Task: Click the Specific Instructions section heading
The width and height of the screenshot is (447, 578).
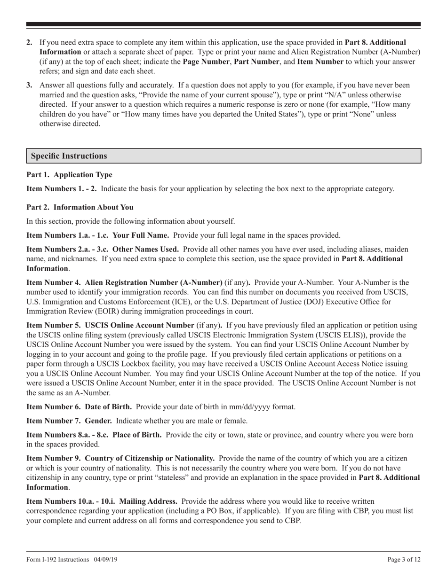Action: pos(69,156)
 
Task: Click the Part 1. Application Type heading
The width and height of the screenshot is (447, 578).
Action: pos(69,175)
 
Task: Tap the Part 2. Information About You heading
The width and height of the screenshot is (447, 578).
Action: pos(80,207)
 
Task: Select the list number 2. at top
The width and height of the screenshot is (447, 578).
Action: pos(30,42)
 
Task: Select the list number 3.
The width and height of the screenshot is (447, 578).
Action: pos(30,85)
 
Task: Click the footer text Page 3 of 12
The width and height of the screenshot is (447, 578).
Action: pos(404,560)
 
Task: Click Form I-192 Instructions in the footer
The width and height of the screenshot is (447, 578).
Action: pos(57,560)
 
